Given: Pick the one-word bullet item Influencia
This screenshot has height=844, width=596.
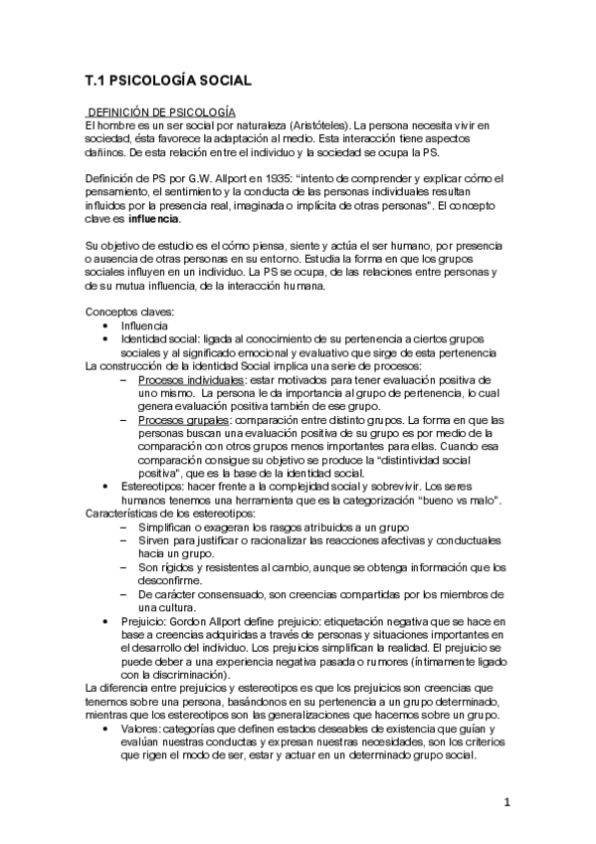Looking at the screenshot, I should click(x=145, y=325).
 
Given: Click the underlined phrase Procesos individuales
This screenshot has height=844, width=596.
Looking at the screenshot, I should click(x=191, y=380).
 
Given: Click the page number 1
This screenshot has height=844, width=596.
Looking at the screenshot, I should click(x=506, y=802).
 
